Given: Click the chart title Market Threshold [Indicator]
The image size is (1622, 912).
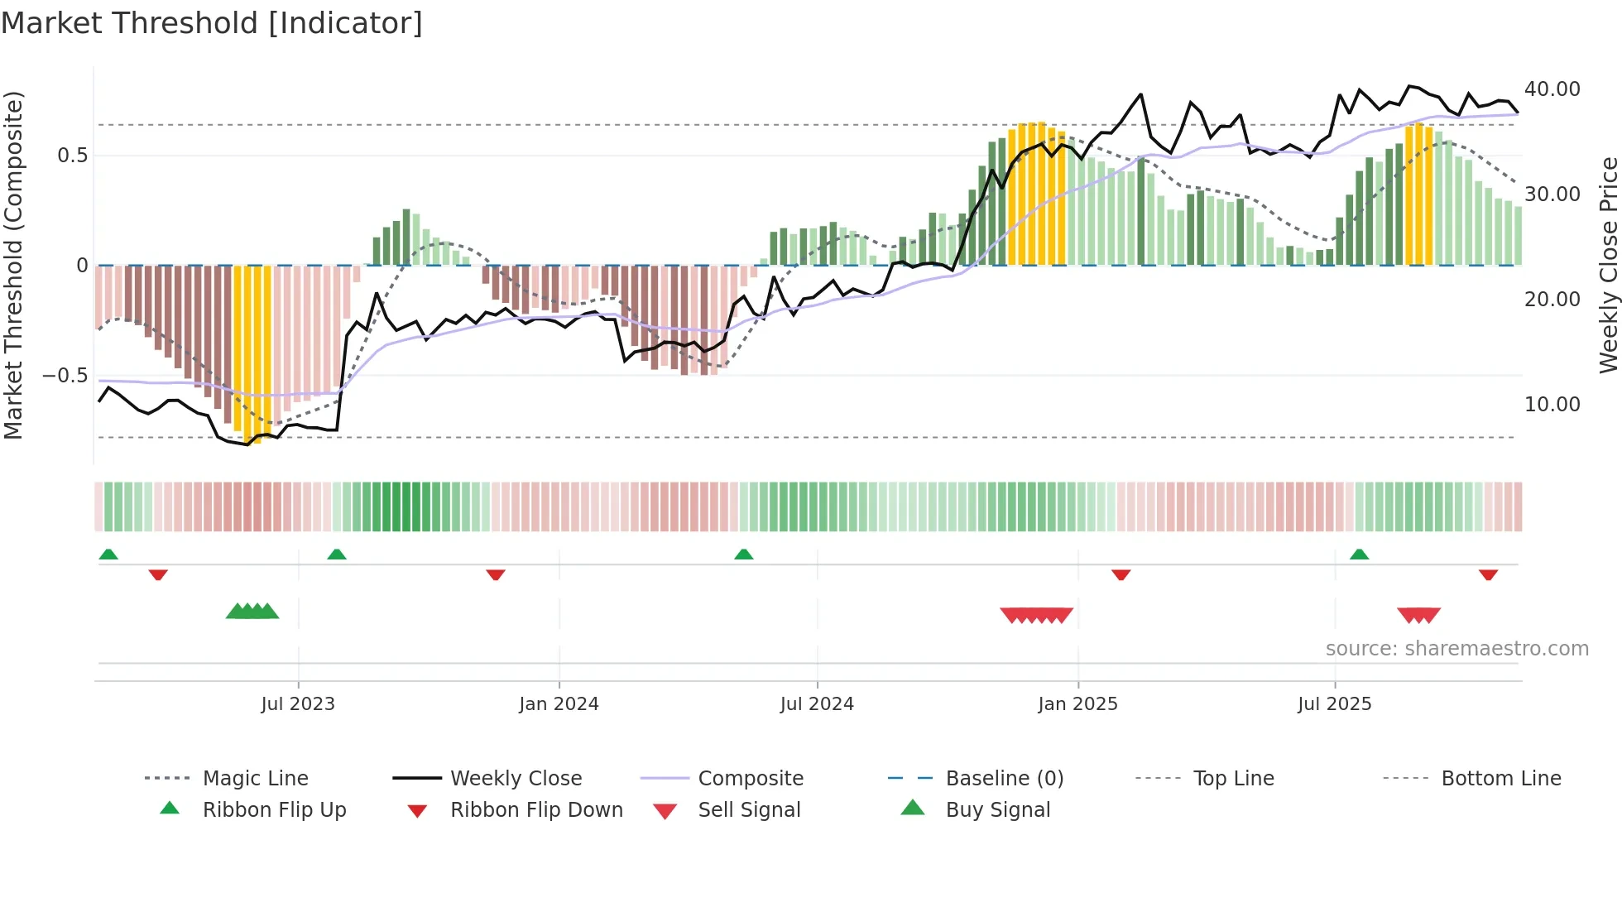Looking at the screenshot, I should click(x=212, y=23).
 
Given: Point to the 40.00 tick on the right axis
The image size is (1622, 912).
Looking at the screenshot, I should click(x=1552, y=89).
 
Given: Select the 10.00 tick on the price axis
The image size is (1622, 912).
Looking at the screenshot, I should click(x=1552, y=405).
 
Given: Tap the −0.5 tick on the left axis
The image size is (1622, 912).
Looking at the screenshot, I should click(x=65, y=376).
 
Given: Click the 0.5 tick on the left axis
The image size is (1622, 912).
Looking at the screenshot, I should click(x=72, y=156).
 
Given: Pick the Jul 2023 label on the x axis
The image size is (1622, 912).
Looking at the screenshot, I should click(x=298, y=704).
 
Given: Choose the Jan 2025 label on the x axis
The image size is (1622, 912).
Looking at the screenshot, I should click(x=1077, y=704).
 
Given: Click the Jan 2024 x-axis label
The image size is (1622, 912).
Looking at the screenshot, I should click(x=559, y=704).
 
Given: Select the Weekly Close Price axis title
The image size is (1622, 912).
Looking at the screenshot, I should click(x=1608, y=265).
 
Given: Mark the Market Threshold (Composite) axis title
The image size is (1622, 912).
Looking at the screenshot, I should click(x=13, y=265).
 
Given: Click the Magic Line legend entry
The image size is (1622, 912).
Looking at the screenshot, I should click(x=255, y=779).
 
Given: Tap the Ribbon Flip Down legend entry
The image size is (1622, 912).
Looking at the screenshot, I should click(x=536, y=810).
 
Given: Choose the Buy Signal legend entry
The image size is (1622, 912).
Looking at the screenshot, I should click(x=997, y=810).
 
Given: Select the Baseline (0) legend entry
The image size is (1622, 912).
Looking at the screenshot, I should click(x=1004, y=779).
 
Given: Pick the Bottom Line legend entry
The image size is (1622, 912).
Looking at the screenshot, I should click(x=1500, y=779).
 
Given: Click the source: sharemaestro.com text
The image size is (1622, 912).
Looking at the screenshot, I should click(x=1456, y=649).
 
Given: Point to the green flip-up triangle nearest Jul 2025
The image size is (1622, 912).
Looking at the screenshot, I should click(x=1359, y=554).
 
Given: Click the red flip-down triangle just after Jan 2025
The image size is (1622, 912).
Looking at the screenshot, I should click(x=1121, y=574).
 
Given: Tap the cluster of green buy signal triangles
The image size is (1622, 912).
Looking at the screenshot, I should click(x=252, y=612).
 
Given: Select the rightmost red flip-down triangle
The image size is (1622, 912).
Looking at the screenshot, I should click(x=1488, y=574).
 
